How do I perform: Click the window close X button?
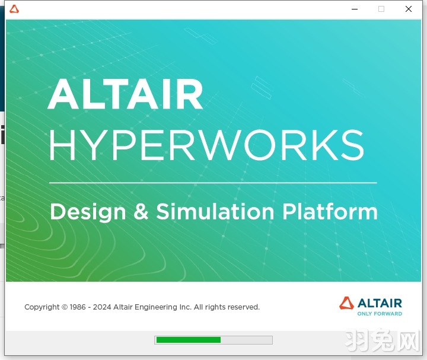(409, 9)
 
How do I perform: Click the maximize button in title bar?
(381, 9)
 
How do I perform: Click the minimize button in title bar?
(355, 9)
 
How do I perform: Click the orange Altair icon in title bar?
(14, 9)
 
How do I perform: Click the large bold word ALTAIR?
(126, 95)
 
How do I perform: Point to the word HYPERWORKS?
(206, 145)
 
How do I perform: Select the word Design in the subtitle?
(88, 212)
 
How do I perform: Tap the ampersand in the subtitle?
(141, 212)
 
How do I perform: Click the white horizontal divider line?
(213, 183)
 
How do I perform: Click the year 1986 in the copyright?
(78, 307)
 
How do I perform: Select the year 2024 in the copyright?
(102, 307)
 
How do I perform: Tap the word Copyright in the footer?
(42, 307)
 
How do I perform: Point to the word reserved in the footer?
(243, 307)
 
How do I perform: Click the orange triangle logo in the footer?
(346, 303)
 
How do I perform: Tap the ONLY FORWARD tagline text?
(380, 314)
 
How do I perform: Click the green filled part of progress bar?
(188, 340)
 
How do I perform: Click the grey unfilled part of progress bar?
(246, 340)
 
